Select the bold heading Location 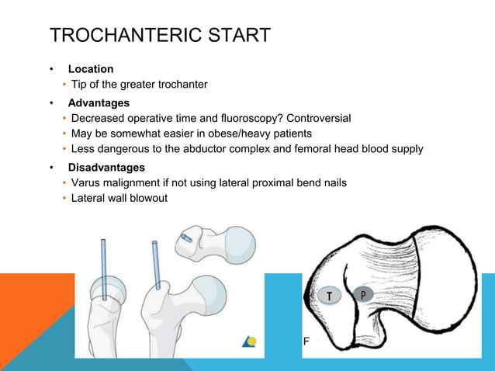pos(91,69)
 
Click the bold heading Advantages pos(99,102)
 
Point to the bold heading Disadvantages pos(106,167)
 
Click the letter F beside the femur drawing pos(306,342)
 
